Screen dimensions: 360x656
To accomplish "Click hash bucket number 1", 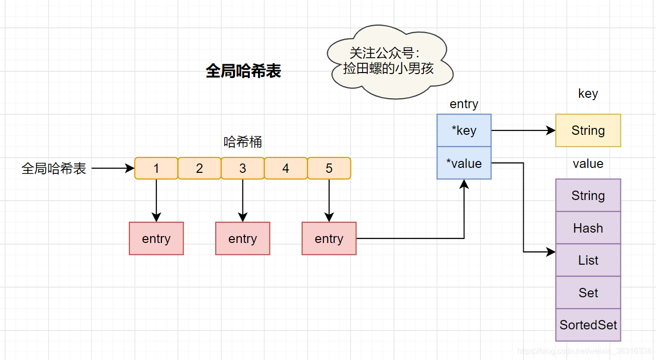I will click(156, 168).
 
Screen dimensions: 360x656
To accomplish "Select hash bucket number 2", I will click(199, 168).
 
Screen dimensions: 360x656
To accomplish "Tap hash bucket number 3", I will click(242, 168).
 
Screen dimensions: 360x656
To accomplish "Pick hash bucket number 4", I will click(286, 168).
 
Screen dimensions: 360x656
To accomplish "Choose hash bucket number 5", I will click(329, 168).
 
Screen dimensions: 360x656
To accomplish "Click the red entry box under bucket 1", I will click(156, 239).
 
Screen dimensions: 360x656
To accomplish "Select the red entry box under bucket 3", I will click(242, 239).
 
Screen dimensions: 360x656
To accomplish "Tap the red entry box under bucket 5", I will click(329, 239).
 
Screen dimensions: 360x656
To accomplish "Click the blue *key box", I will click(464, 130).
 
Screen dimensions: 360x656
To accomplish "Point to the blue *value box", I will click(464, 163).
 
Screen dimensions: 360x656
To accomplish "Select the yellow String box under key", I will click(588, 130).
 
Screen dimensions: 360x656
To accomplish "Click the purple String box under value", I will click(588, 196).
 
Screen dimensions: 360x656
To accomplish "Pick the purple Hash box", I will click(588, 228).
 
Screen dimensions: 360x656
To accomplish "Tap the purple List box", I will click(588, 260).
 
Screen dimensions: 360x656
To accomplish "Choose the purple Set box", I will click(588, 293).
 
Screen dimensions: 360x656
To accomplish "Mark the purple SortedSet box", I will click(588, 325).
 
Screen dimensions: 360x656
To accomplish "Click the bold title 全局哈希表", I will click(243, 71).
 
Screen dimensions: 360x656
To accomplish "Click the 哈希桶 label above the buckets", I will click(243, 142).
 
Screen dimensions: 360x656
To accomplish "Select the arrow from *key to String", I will click(523, 130).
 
